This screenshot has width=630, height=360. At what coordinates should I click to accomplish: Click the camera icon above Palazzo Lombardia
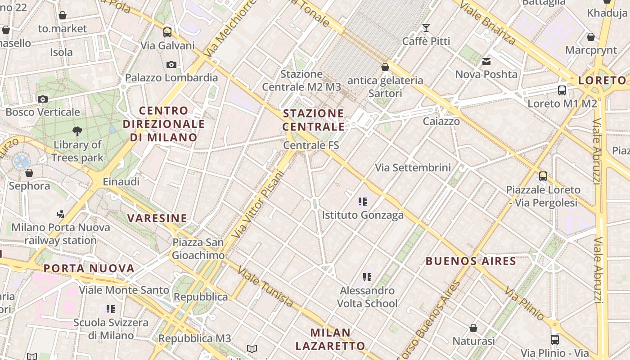click(x=171, y=64)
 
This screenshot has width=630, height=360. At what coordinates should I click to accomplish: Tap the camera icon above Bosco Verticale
click(x=43, y=99)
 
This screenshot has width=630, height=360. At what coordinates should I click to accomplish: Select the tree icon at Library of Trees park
click(x=77, y=131)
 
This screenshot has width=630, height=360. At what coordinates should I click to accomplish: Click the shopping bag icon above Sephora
click(x=29, y=173)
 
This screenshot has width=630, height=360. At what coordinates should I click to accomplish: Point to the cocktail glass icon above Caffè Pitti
click(x=426, y=28)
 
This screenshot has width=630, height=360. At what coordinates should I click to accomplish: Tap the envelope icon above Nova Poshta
click(x=486, y=61)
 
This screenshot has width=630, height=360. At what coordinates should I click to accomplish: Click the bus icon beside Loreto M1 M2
click(x=562, y=90)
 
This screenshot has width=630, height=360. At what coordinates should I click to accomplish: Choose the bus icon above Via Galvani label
click(x=167, y=32)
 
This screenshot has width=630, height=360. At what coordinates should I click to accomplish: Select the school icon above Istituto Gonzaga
click(x=362, y=201)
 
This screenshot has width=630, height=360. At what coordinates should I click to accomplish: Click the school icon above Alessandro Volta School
click(x=367, y=277)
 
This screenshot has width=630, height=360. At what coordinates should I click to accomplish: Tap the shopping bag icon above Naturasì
click(x=473, y=328)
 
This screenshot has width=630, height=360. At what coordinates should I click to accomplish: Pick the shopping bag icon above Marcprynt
click(x=590, y=36)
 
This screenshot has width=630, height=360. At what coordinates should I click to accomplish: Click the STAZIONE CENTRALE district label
click(x=313, y=120)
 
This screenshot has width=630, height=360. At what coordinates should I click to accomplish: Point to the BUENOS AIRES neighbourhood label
click(x=471, y=261)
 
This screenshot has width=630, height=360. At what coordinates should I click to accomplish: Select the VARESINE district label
click(x=157, y=219)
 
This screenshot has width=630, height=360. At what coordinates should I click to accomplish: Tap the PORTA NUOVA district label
click(x=89, y=269)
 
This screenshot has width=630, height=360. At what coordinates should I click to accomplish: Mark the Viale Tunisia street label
click(x=266, y=287)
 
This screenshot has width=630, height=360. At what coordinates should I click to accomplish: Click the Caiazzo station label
click(x=441, y=121)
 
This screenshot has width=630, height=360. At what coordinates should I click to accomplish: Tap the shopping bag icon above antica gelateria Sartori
click(x=385, y=67)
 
